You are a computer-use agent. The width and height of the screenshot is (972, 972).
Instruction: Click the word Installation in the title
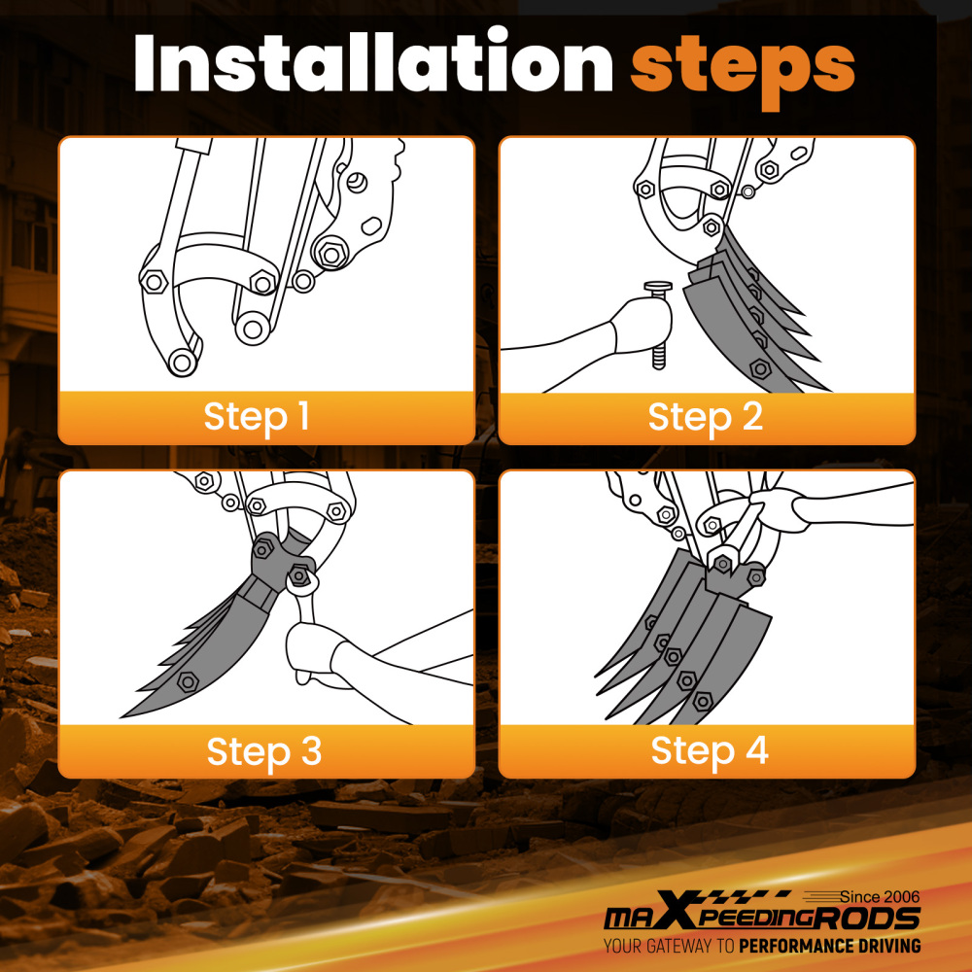click(374, 65)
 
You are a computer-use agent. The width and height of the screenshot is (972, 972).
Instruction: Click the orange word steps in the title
click(743, 65)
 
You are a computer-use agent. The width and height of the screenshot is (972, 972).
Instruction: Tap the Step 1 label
click(257, 417)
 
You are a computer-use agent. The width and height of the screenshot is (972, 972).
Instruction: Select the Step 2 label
click(706, 417)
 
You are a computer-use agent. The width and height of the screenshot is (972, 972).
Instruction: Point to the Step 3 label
click(263, 751)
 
